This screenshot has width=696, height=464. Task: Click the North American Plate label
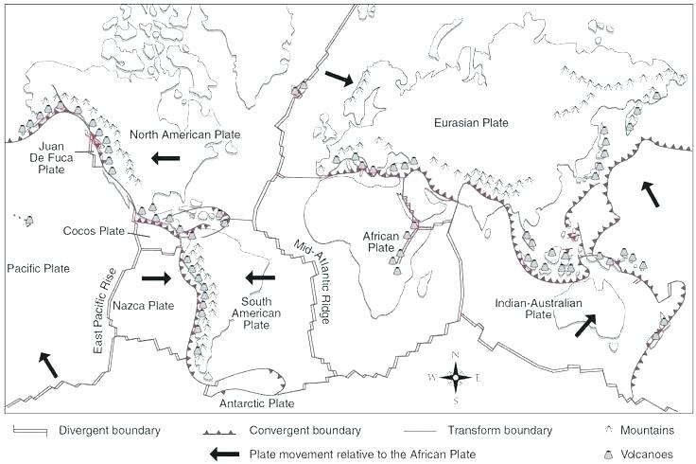(185, 134)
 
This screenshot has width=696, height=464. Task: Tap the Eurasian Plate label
(472, 123)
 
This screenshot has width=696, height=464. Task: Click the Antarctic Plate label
(261, 402)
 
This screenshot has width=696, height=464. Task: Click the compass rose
(455, 378)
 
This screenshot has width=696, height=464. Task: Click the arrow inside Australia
(585, 325)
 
